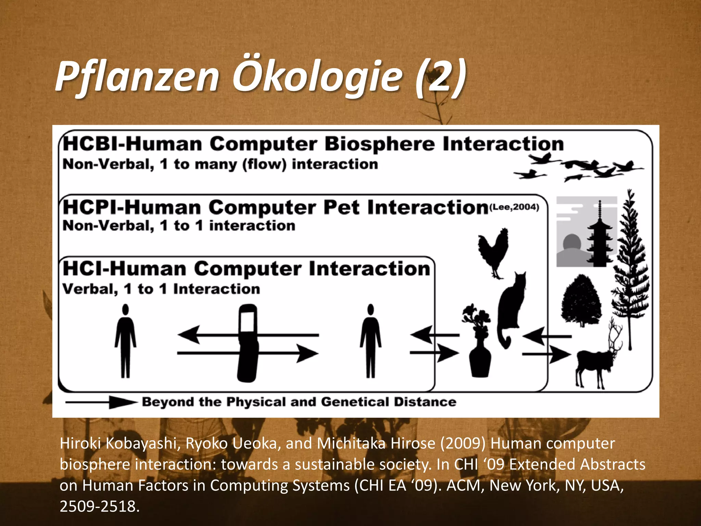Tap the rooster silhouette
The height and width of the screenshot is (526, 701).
coord(493,252)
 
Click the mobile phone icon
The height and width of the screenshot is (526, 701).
coord(247,342)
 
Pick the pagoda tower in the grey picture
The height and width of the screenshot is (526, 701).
coord(599,236)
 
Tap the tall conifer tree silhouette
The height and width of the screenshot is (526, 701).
coord(630,267)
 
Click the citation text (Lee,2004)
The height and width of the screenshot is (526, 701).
coord(514,207)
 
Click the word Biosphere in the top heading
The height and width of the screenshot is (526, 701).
coord(380,144)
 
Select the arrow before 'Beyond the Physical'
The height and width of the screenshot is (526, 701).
coord(101,402)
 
